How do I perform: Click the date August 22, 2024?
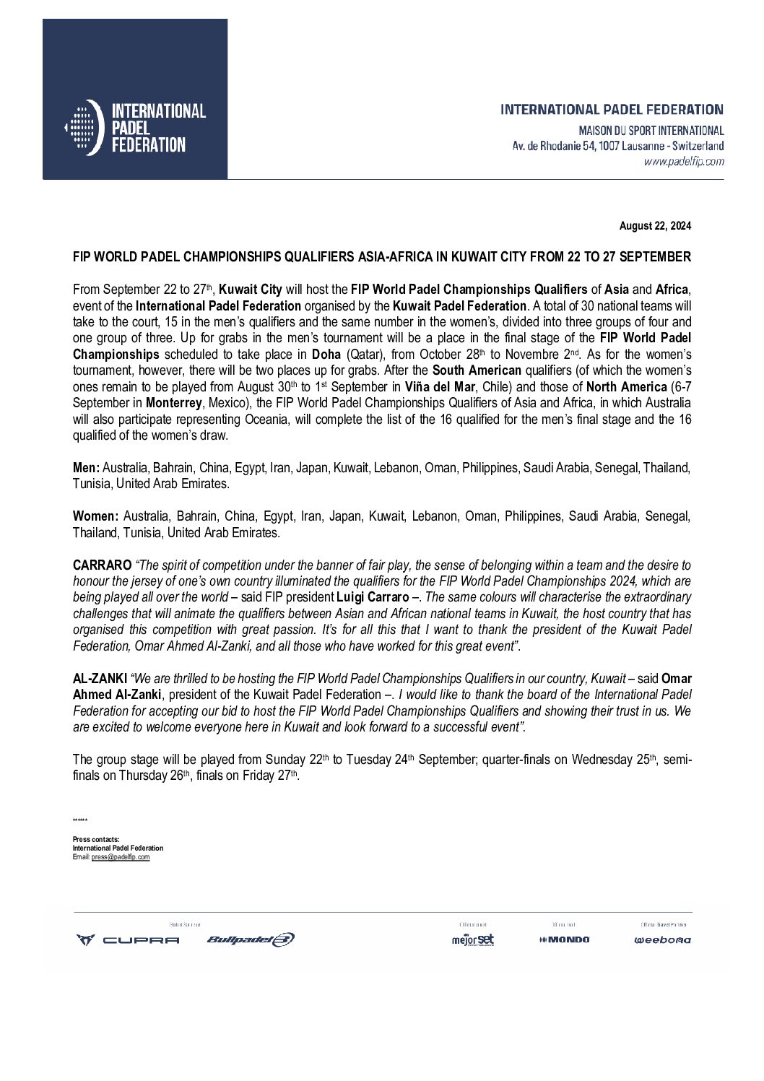point(655,226)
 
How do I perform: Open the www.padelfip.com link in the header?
point(683,162)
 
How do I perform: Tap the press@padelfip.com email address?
point(121,856)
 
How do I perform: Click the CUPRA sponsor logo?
point(128,939)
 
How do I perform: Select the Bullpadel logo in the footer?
point(250,939)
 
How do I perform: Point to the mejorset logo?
point(473,939)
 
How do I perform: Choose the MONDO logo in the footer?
point(564,939)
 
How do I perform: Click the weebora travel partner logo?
point(662,939)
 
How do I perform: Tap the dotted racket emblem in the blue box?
point(84,128)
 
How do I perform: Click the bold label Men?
point(86,468)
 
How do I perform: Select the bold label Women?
point(95,516)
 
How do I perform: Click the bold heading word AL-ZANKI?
point(100,679)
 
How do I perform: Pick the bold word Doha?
point(326,355)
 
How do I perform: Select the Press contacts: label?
point(96,840)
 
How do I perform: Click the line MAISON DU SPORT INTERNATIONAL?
point(651,131)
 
